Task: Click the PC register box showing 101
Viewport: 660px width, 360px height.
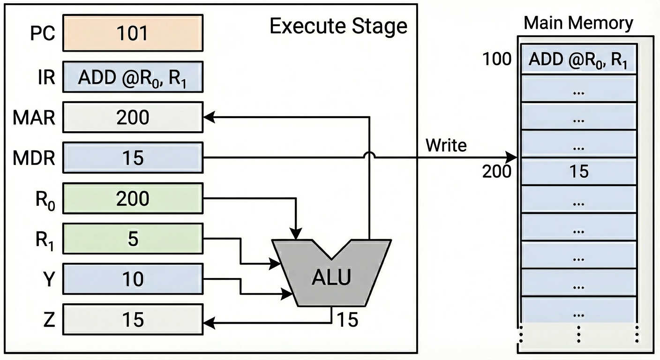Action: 133,33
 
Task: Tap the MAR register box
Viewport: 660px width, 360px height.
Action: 133,117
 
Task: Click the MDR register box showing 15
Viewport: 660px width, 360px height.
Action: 133,157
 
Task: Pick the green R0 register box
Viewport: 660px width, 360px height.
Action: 133,199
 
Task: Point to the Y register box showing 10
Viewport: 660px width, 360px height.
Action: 133,279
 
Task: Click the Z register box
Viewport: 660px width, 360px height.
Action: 133,320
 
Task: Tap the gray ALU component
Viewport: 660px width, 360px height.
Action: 331,277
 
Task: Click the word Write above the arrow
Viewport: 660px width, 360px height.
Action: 446,146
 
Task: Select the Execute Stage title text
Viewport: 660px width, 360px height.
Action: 338,27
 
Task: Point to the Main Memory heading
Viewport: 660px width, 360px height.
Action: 578,23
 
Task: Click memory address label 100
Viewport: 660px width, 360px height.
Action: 497,60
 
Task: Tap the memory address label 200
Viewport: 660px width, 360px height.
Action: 497,172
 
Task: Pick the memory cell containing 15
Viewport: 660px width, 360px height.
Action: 578,172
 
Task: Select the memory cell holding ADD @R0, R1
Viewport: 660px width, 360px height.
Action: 578,60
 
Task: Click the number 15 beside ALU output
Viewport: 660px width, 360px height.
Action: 347,320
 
